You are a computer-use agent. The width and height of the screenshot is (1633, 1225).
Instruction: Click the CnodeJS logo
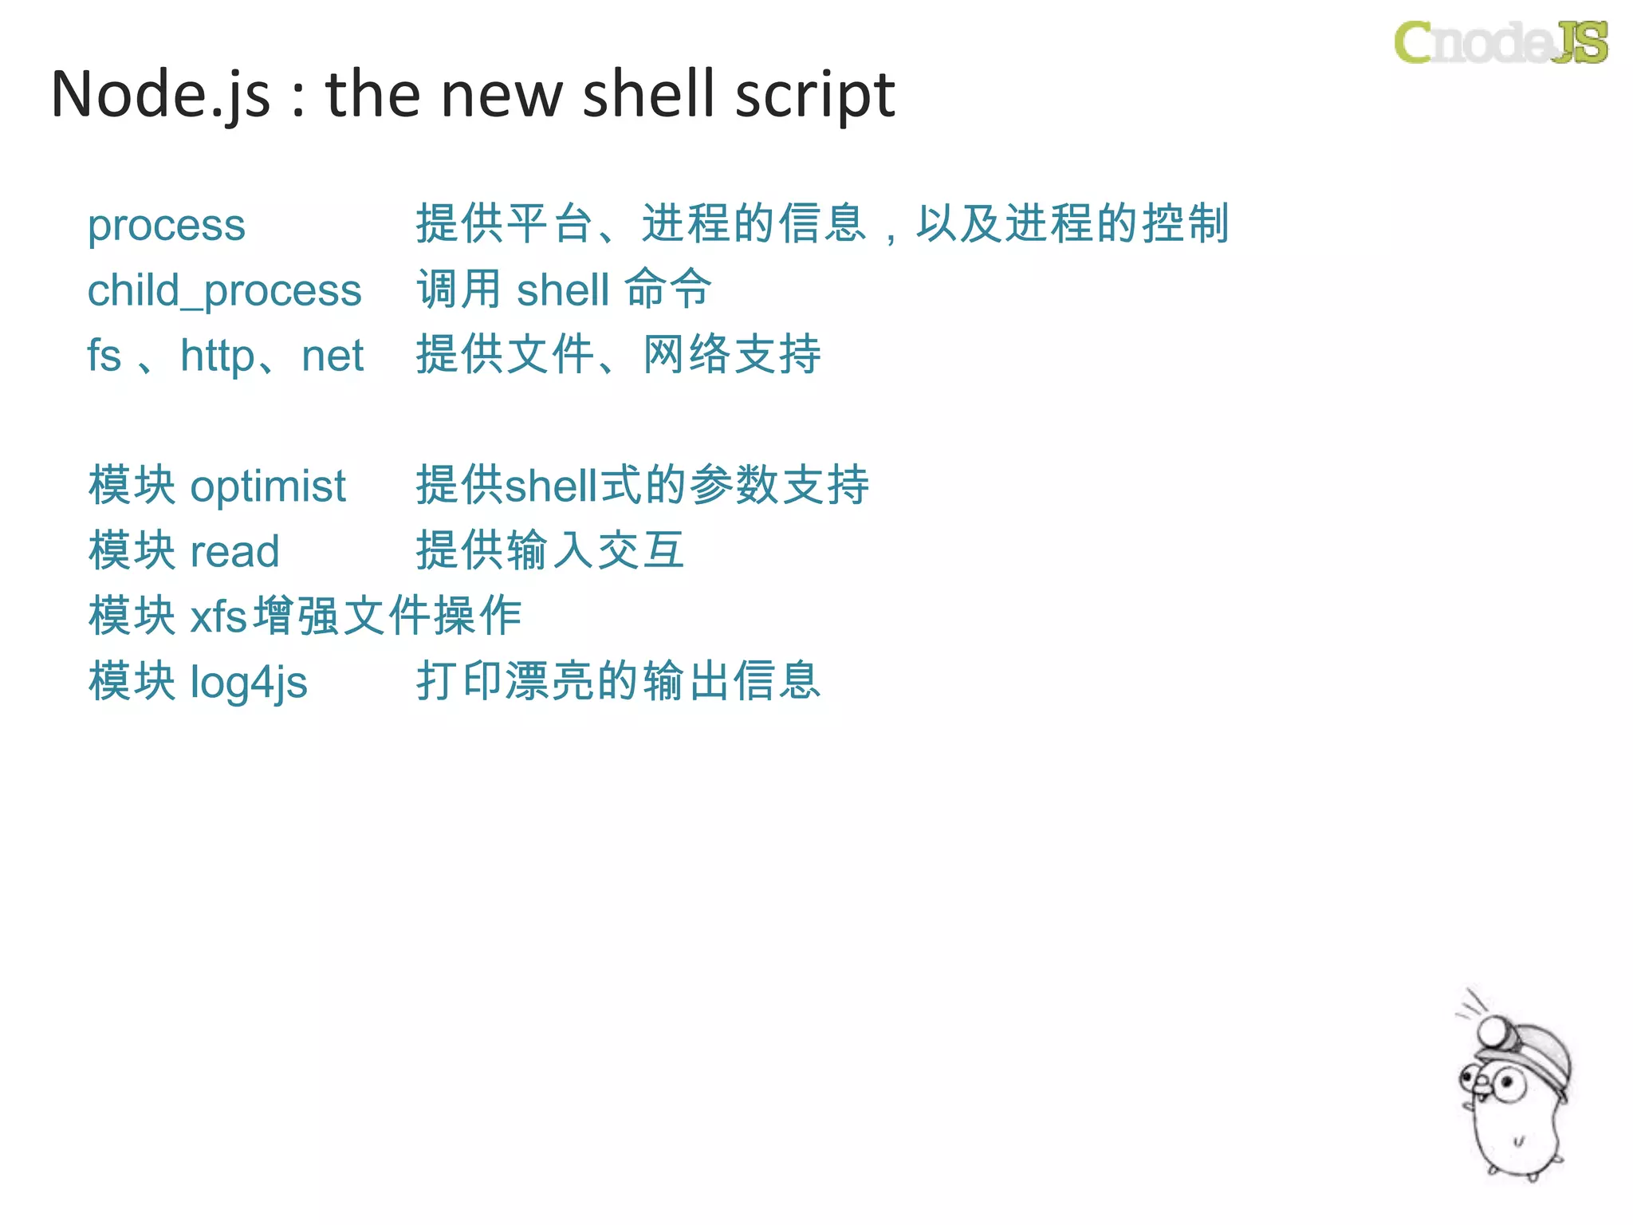[x=1501, y=42]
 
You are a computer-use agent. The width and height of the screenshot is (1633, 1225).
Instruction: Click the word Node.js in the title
[x=160, y=95]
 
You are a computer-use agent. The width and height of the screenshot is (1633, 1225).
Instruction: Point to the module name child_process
[x=224, y=290]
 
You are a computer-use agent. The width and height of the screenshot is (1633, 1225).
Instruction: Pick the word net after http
[x=332, y=356]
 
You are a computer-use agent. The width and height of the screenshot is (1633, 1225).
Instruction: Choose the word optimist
[x=268, y=486]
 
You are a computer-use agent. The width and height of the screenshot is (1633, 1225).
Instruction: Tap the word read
[x=234, y=551]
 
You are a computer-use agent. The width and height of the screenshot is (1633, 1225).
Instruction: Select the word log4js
[x=248, y=683]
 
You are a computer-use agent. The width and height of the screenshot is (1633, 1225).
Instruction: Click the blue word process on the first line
[x=166, y=226]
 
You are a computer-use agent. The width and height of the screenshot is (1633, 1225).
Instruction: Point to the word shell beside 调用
[x=563, y=290]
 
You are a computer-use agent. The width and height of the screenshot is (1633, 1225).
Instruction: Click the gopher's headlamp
[x=1492, y=1032]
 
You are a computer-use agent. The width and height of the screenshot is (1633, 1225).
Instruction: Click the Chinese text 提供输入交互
[x=550, y=550]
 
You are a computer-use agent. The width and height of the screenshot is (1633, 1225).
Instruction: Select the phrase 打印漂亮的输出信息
[x=619, y=681]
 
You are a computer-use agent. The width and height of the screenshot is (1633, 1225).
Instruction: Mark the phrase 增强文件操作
[x=388, y=616]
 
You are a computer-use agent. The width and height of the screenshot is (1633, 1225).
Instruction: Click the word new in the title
[x=502, y=95]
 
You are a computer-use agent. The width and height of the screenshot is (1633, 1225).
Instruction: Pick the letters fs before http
[x=104, y=356]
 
